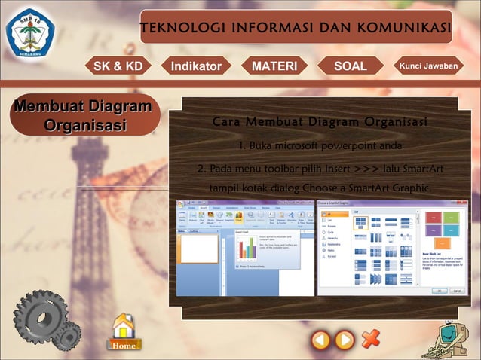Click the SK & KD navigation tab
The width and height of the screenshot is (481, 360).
(118, 66)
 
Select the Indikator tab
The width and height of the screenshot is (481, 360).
(196, 66)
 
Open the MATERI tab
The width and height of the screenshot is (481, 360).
(274, 66)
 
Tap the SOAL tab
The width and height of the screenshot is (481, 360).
(350, 66)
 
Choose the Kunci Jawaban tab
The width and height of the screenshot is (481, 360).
(428, 66)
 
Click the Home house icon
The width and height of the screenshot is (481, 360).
(123, 331)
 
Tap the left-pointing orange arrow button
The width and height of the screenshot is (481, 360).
(321, 340)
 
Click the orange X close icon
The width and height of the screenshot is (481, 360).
(370, 340)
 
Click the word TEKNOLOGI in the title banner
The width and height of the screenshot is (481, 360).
(176, 29)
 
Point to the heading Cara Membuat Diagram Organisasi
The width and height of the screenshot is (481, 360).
(320, 122)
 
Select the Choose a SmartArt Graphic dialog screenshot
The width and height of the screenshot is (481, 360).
(391, 248)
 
